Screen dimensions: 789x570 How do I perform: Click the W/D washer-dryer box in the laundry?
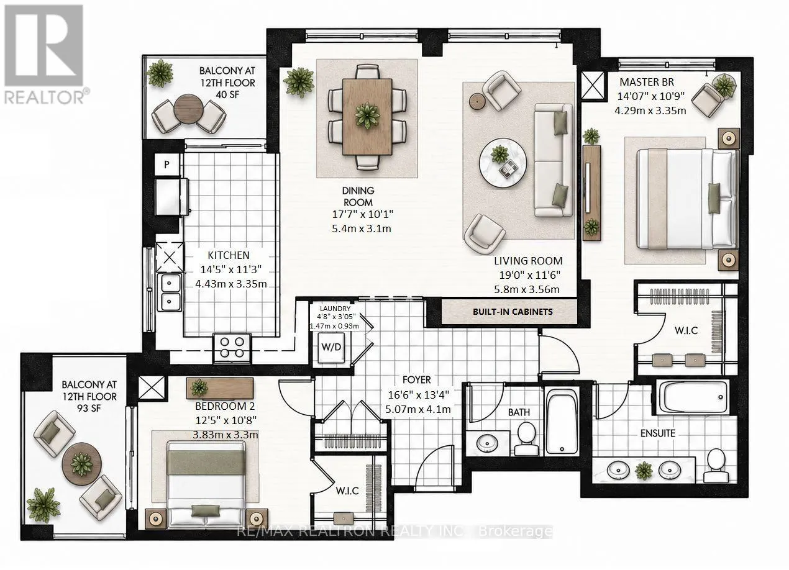(331, 348)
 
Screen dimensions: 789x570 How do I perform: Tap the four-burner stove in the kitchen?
(232, 348)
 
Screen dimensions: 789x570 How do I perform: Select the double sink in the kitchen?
(170, 292)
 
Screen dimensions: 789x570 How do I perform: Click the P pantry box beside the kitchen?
(167, 165)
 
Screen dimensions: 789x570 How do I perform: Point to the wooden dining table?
(367, 117)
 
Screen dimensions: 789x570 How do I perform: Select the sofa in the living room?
(553, 160)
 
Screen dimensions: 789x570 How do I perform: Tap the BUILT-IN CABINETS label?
(513, 312)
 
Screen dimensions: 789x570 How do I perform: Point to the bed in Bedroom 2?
(206, 485)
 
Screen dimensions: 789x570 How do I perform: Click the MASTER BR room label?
(647, 82)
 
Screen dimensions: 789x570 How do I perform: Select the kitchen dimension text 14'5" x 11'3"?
(230, 269)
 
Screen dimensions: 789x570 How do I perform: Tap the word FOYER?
(417, 379)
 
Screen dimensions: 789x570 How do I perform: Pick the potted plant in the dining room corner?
(298, 83)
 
